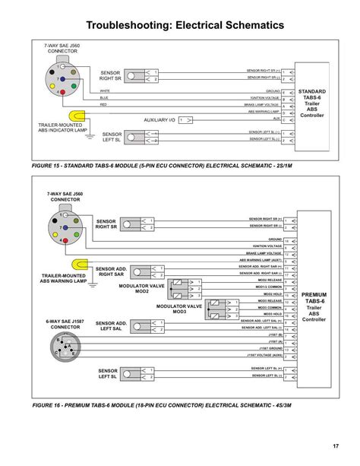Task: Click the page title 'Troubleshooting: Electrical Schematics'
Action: pos(179,26)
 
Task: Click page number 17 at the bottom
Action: pos(334,445)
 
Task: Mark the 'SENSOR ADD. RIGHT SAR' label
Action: pos(111,271)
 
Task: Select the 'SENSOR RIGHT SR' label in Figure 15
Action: pos(111,75)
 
